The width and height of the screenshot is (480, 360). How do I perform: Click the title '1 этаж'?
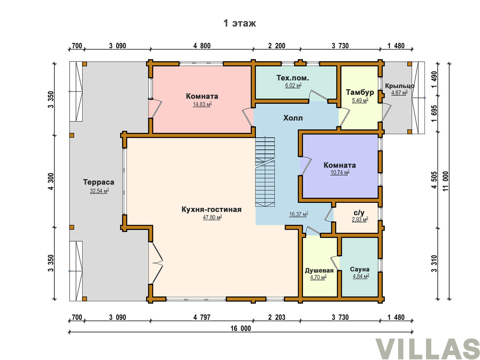coord(239,23)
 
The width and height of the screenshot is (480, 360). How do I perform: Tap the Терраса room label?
coord(99,182)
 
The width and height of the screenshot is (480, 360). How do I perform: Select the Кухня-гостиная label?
coord(212,209)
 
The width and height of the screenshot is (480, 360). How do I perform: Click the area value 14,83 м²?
coord(202,104)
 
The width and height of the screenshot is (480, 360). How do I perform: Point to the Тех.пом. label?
coord(292,78)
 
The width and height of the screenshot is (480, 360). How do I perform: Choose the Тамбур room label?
coord(360,92)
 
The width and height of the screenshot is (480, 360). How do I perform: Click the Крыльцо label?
coord(400,86)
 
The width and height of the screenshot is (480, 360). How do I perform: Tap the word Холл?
coord(293,118)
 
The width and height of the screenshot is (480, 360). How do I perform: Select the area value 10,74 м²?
coord(340,172)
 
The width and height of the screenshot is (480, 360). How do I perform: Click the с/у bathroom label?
coord(359,213)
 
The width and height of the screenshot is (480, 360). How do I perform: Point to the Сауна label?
coord(360,269)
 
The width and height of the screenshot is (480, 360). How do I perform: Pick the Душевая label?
coord(319,271)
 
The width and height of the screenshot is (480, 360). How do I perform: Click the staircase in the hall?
coord(265,172)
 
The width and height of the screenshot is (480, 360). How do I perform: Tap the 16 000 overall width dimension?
coord(241,329)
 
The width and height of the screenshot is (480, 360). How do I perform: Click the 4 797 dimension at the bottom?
coord(202,317)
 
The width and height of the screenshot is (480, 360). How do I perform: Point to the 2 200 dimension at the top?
coord(276,46)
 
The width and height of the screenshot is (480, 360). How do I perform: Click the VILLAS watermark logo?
coord(427,349)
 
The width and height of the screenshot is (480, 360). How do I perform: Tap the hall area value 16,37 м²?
coord(299,214)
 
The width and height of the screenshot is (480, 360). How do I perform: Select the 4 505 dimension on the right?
coord(434,180)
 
